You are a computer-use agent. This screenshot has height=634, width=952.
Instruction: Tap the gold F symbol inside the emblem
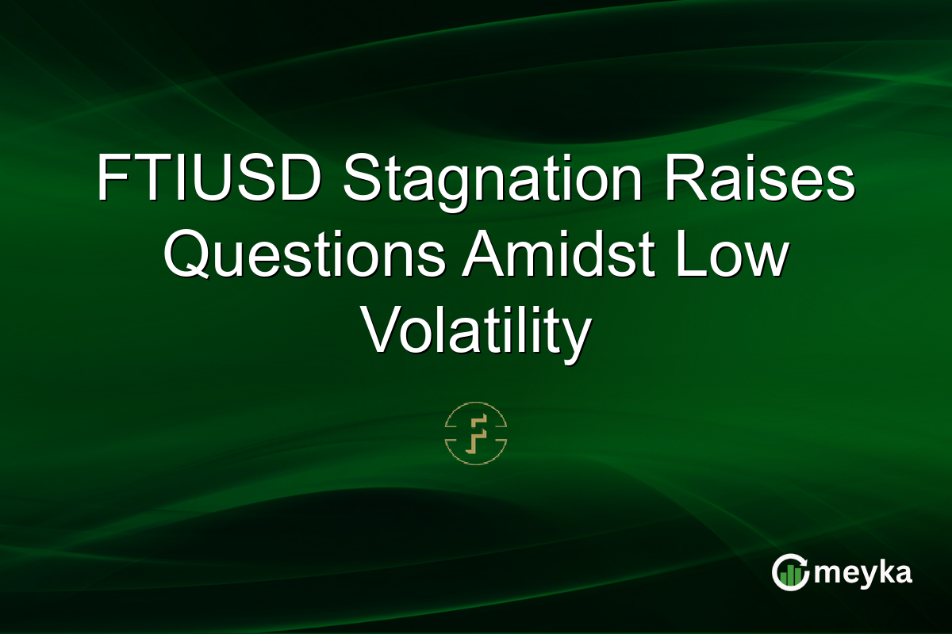pyautogui.click(x=476, y=434)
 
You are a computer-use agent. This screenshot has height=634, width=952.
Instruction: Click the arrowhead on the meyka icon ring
pyautogui.click(x=804, y=561)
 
